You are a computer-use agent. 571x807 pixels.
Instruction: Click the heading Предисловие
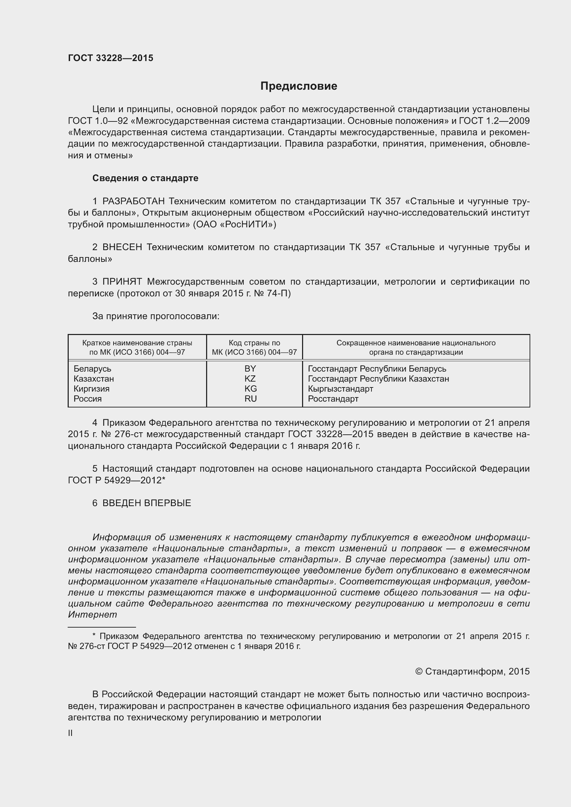coord(299,86)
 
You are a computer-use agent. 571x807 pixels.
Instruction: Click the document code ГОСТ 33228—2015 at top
coord(110,58)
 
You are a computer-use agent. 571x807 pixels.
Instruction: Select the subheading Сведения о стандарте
coord(145,178)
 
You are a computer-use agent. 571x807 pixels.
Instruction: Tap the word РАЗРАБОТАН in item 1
coord(134,201)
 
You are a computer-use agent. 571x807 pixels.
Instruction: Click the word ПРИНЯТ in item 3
coord(122,282)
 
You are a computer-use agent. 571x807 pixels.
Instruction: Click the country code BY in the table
coord(250,369)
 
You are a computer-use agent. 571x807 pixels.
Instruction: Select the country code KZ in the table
coord(250,378)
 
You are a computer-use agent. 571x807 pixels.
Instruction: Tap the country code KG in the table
coord(251,389)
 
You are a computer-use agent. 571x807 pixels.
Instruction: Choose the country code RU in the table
coord(251,398)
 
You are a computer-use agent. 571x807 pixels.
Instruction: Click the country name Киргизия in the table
coord(91,389)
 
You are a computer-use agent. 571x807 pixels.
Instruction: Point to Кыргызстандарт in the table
coord(340,389)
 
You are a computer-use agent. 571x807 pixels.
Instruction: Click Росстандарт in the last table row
coord(333,398)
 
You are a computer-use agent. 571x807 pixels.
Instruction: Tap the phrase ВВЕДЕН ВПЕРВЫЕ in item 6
coord(147,503)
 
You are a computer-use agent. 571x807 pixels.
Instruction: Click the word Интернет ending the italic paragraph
coord(92,615)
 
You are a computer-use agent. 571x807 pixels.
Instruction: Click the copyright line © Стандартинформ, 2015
coord(472,671)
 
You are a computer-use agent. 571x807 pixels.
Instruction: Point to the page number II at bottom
coord(70,733)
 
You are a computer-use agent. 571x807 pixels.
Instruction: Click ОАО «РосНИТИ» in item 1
coord(234,224)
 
